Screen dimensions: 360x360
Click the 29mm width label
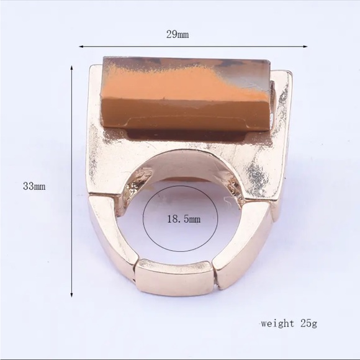[x=178, y=35]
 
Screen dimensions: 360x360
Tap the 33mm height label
[x=34, y=186]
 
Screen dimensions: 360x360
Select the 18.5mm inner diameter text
[x=184, y=219]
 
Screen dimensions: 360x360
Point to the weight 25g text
[x=289, y=324]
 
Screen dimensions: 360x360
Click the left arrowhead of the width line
[x=81, y=47]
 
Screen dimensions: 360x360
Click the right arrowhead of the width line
[x=305, y=47]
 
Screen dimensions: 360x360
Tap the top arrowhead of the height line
[x=72, y=68]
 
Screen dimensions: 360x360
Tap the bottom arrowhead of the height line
[x=72, y=295]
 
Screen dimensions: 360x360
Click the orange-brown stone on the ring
[x=187, y=94]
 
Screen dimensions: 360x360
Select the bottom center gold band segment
[x=174, y=277]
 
